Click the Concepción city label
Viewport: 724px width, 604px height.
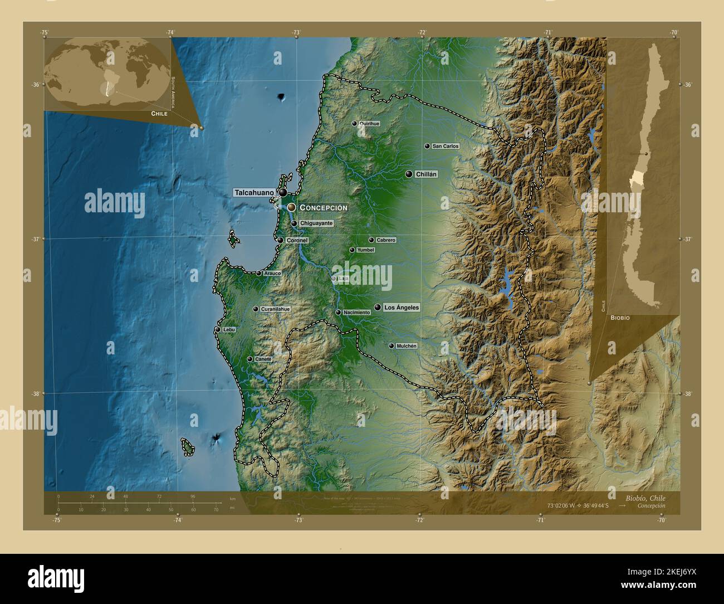(x=324, y=207)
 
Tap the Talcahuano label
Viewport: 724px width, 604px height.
(x=254, y=193)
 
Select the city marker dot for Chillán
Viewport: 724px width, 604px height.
(x=409, y=174)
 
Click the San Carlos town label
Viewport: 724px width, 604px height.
(x=446, y=146)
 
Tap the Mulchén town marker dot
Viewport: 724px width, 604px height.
(x=392, y=346)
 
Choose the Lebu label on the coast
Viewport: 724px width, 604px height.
(x=228, y=330)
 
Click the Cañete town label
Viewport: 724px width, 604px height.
(x=263, y=359)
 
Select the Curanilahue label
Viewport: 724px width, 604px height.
(x=275, y=309)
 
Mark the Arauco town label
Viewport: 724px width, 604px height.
(x=272, y=274)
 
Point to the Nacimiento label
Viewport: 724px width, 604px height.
(x=356, y=313)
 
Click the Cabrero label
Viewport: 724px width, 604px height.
(x=386, y=240)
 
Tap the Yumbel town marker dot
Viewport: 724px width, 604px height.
(x=352, y=250)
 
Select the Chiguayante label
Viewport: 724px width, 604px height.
(x=316, y=223)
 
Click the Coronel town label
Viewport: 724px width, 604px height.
(x=297, y=241)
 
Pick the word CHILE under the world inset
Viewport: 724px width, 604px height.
(x=159, y=113)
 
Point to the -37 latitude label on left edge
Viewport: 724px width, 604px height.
(x=35, y=239)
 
